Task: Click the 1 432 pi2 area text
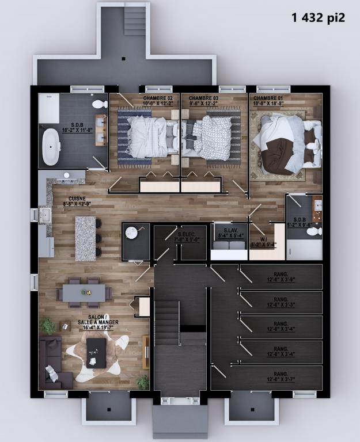click(318, 17)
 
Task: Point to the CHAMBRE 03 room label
click(203, 101)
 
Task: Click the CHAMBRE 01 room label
click(268, 101)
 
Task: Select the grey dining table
click(84, 293)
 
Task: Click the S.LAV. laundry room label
click(229, 234)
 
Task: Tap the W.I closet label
click(263, 242)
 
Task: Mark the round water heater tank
click(132, 232)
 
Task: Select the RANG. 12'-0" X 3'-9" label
click(281, 277)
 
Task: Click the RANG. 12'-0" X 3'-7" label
click(281, 377)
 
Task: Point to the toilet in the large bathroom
click(100, 105)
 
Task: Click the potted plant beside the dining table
click(48, 326)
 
